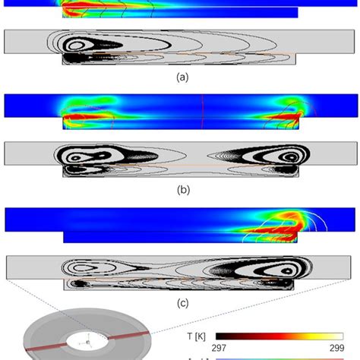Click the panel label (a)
(181, 77)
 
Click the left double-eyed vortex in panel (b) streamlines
(84, 156)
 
